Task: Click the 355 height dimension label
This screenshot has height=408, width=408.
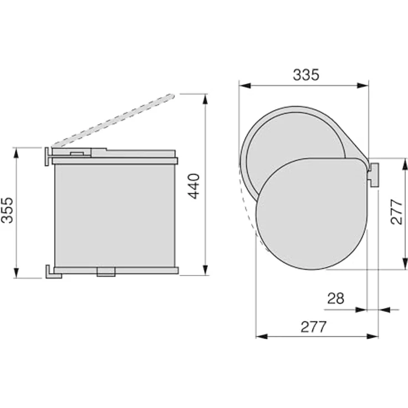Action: (7, 210)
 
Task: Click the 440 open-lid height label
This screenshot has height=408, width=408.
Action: (194, 186)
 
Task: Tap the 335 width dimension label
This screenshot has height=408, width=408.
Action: (306, 75)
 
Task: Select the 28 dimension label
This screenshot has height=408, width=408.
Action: (336, 298)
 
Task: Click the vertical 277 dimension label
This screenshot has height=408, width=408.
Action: (396, 212)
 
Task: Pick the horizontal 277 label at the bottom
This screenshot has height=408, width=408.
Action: (313, 327)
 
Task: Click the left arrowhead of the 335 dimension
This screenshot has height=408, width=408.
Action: (245, 85)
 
